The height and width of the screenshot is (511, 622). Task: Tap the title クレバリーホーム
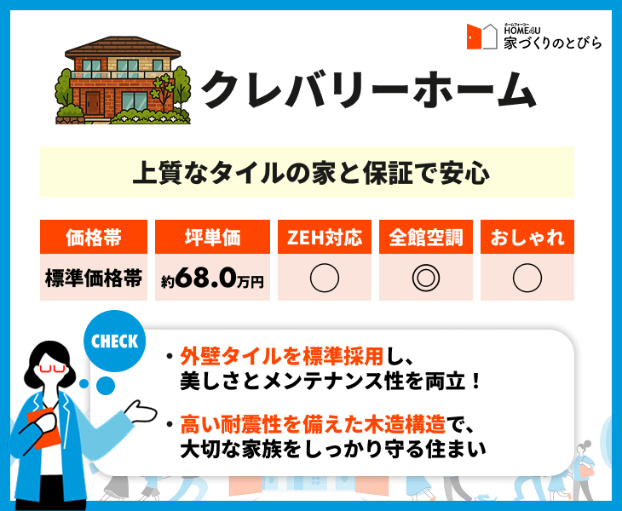coord(369,89)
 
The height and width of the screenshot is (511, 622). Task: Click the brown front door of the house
coord(93,103)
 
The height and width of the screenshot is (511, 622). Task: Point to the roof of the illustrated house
coord(123,46)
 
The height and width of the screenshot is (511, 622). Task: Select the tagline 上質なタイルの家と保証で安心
coord(311,172)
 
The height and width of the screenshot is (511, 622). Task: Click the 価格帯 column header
coord(94,237)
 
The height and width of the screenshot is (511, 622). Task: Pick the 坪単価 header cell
coord(213,237)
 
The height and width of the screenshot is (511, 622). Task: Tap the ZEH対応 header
coord(325,237)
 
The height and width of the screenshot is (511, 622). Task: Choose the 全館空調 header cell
coord(426,237)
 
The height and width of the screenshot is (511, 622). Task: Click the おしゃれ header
coord(527,237)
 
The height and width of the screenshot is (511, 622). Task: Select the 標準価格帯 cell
coord(94,278)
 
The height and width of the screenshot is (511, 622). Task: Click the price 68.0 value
coord(206,278)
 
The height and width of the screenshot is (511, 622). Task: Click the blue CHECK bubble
coord(115,341)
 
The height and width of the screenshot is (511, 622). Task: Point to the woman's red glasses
coord(52,369)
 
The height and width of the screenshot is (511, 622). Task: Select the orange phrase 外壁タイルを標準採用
coord(282,356)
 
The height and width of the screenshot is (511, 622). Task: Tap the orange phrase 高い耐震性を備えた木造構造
coord(313,424)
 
